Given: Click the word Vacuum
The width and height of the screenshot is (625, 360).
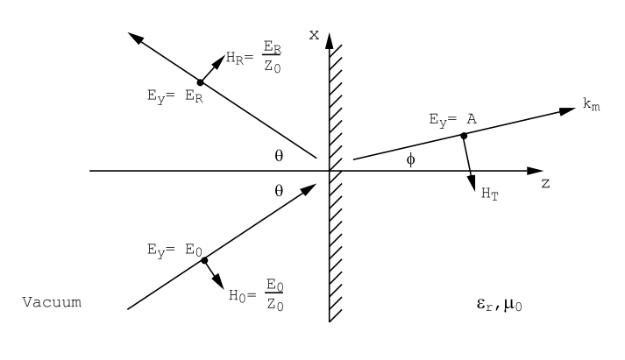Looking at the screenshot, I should tap(52, 302).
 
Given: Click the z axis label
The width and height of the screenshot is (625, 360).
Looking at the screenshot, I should tap(544, 186).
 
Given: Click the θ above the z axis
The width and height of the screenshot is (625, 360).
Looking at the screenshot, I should tap(279, 155).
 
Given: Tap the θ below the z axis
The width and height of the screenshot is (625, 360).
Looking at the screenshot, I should tap(279, 189).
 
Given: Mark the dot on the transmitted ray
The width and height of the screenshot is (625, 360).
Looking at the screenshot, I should tap(465, 136).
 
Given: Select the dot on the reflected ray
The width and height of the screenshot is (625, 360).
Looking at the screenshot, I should tap(201, 81).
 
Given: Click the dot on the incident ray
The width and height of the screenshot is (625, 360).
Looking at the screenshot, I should tap(203, 259).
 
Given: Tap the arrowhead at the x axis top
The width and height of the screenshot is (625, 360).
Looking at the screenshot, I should tap(329, 39).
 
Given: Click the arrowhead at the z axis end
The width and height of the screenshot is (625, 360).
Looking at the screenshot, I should tap(531, 171).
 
